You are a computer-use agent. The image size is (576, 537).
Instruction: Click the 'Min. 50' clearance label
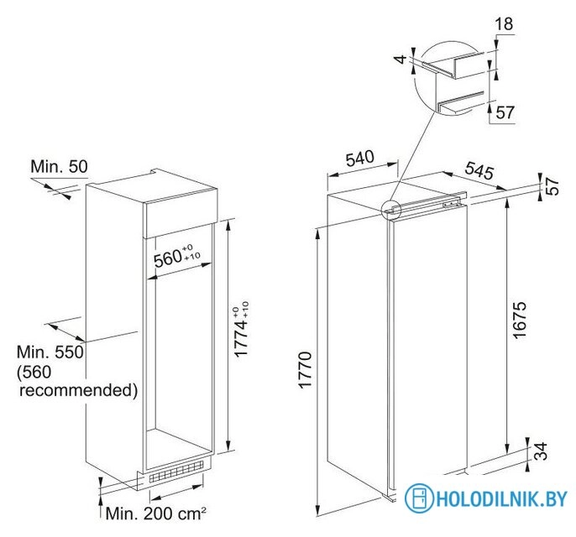(x=59, y=166)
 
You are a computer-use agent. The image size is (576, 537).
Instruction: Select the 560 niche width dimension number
(x=168, y=258)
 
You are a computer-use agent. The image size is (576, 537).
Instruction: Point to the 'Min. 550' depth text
(x=50, y=352)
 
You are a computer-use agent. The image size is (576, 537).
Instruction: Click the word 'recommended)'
(x=79, y=390)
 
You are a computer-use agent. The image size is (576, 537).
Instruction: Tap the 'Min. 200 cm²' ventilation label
(x=156, y=514)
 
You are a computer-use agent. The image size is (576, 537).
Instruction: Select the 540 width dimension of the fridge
(x=360, y=159)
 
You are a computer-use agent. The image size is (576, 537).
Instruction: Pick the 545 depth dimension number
(x=479, y=170)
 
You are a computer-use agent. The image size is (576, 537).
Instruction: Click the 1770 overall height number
(x=306, y=369)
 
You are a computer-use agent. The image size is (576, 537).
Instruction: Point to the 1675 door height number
(x=520, y=320)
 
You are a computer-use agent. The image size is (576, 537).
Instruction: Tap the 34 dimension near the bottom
(x=541, y=451)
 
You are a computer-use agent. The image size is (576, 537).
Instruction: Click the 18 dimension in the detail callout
(x=504, y=23)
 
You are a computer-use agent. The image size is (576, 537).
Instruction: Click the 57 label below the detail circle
(x=505, y=112)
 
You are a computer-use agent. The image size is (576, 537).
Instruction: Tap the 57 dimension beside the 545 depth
(x=552, y=186)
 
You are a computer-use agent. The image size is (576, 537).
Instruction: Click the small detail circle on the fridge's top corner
(x=391, y=211)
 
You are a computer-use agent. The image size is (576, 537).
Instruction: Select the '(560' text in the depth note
(x=34, y=372)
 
